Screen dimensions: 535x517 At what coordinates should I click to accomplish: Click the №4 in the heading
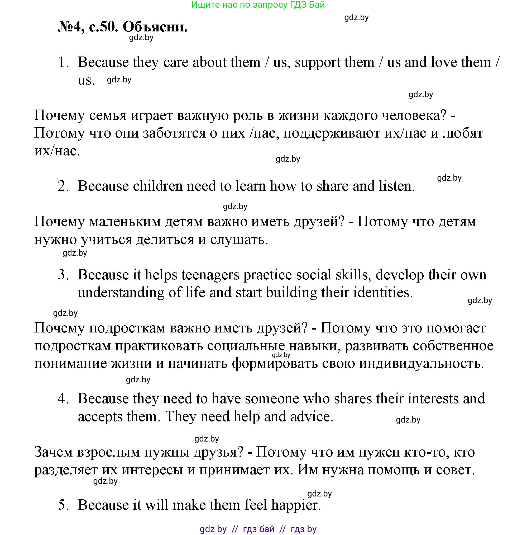point(69,27)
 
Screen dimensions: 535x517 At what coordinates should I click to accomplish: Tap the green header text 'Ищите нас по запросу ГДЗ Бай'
point(258,5)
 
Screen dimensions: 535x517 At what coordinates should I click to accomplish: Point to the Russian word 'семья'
point(108,115)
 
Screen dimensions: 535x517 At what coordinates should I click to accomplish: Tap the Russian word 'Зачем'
point(54,452)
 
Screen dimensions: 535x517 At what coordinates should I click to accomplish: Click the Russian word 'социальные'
point(246,346)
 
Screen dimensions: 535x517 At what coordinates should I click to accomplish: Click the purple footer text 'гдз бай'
point(258,529)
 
